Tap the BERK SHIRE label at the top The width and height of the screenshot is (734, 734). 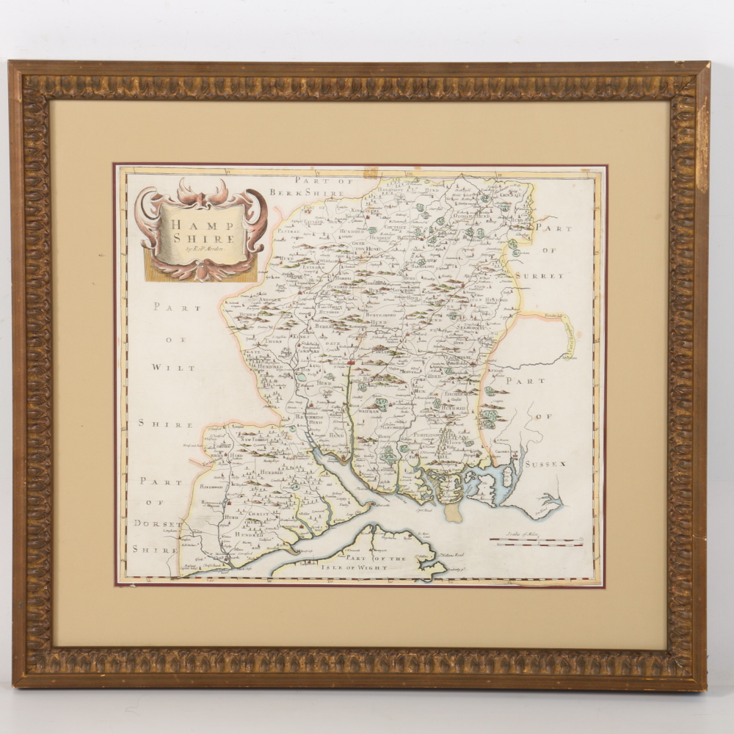[307, 192]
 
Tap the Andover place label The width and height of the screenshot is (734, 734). [262, 301]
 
